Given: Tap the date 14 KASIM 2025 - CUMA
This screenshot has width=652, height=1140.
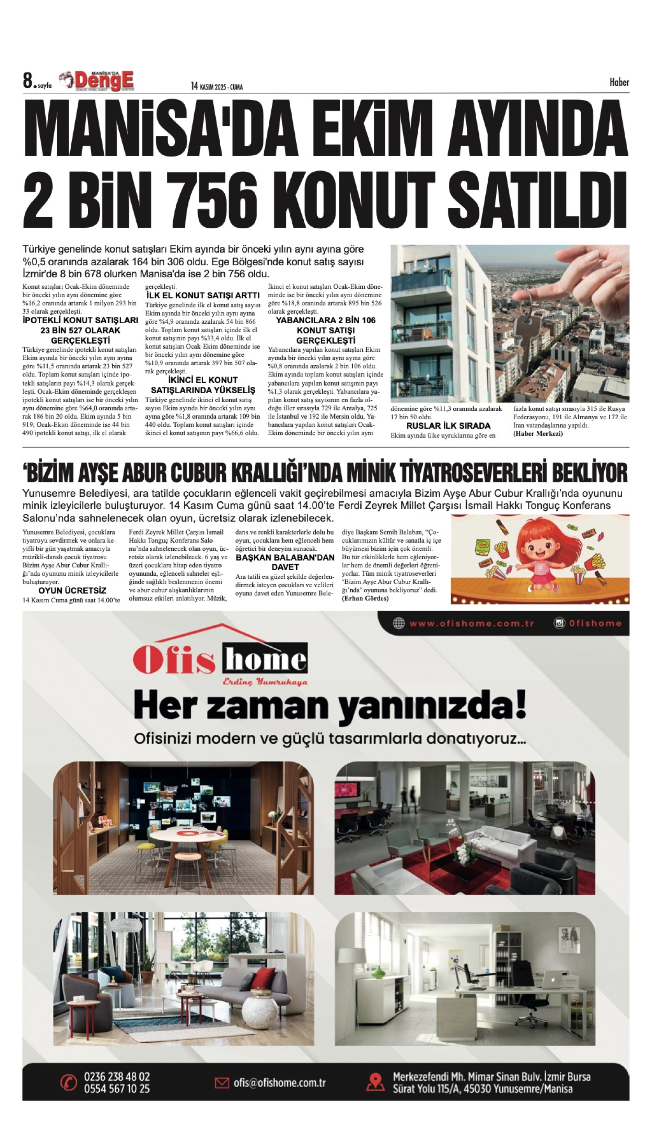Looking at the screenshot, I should pos(217,86).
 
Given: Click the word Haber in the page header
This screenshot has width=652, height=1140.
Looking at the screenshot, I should pos(619,82).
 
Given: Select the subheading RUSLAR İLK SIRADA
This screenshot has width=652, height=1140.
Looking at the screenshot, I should pos(448,425).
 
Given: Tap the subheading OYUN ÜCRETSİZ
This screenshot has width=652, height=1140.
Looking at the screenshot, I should pos(72,591).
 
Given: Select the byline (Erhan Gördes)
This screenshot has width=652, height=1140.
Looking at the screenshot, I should pos(365,599).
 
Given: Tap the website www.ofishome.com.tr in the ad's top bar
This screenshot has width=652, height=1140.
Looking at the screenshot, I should pos(471,623).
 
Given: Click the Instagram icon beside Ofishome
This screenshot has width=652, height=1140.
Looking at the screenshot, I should pos(559,623).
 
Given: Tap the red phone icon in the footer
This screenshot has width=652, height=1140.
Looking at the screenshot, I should pos(69,1083).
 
